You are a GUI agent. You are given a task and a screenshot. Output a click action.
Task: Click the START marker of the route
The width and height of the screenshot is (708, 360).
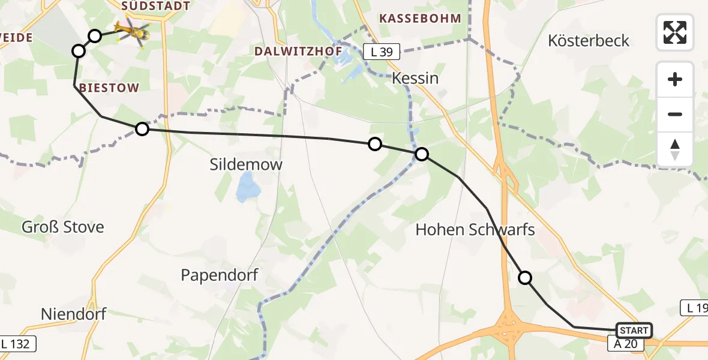634,331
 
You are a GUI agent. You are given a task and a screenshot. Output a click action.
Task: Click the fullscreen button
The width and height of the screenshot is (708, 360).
675,32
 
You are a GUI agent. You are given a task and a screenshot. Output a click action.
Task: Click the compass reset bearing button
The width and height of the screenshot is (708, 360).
675,149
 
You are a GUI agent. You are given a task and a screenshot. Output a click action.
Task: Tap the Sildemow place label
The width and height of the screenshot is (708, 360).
246,164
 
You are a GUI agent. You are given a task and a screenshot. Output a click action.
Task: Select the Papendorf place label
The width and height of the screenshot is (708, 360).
220,275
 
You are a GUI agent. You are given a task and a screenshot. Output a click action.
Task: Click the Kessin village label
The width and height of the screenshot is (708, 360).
415,79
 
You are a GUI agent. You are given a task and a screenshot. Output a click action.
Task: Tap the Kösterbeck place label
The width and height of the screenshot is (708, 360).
589,41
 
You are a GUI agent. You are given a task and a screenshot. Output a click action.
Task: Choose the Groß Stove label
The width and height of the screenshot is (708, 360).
63,227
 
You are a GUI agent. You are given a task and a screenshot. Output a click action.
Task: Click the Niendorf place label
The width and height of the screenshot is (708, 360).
65,314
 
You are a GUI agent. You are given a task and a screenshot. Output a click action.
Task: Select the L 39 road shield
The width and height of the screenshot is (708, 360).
382,52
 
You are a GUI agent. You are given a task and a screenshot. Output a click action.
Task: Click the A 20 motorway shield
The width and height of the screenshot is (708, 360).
625,344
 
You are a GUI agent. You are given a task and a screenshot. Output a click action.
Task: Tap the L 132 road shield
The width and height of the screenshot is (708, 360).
18,344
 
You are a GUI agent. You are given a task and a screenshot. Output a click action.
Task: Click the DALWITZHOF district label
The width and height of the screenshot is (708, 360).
298,52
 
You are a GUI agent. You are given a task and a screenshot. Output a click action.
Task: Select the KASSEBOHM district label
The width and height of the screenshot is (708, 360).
420,19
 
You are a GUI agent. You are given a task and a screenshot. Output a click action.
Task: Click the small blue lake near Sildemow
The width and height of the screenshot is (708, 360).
247,187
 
